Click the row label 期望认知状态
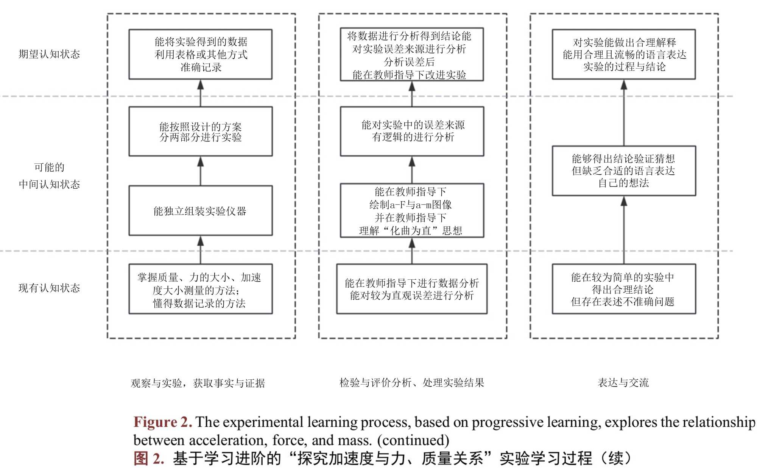[x=49, y=54]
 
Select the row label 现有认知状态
[x=49, y=288]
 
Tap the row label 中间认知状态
[x=49, y=184]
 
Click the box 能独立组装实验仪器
[x=200, y=211]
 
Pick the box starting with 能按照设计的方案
[x=200, y=131]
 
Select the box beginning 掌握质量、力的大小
[x=200, y=289]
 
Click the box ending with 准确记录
[x=200, y=54]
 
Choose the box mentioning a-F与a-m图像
[x=412, y=211]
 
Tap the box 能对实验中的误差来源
[x=412, y=131]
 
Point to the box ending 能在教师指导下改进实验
[x=412, y=54]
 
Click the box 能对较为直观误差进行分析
[x=412, y=289]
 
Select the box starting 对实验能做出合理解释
[x=623, y=54]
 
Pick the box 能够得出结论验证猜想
[x=623, y=171]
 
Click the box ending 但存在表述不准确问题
[x=623, y=289]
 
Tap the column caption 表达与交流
[x=623, y=383]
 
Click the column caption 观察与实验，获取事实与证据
[x=198, y=383]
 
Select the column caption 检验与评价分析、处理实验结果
[x=412, y=383]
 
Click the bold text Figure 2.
[x=163, y=422]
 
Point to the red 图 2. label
[x=149, y=459]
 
